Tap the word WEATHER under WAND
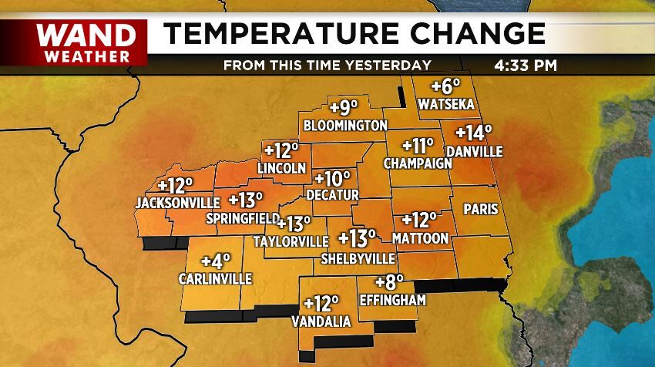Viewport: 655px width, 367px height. [86, 56]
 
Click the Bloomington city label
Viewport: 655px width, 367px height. [345, 125]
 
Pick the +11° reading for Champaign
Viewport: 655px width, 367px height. [408, 145]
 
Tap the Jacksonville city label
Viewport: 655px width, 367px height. [173, 204]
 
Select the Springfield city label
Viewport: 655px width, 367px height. [242, 219]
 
